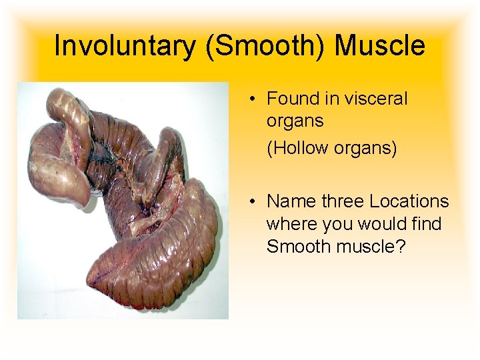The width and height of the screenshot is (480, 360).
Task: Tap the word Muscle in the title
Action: click(379, 46)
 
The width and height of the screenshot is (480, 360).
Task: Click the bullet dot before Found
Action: click(254, 99)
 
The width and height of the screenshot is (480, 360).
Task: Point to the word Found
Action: click(293, 99)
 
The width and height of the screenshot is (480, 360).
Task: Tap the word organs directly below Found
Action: click(295, 121)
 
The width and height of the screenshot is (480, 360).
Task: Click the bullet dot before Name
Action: click(254, 202)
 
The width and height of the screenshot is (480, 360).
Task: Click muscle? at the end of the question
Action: click(371, 247)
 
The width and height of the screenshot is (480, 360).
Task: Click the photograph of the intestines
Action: click(123, 200)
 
